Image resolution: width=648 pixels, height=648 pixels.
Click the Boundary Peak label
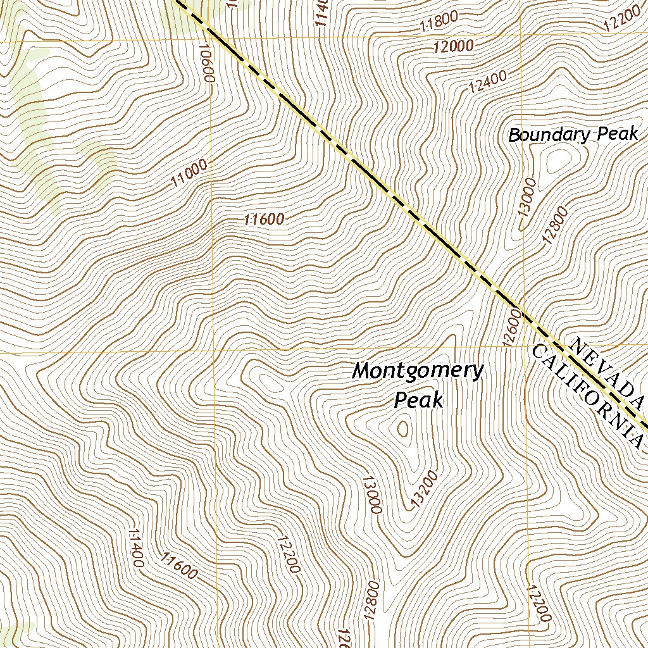point(573,135)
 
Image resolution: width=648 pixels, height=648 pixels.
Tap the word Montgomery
point(418,370)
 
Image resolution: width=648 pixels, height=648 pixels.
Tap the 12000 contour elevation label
point(454,46)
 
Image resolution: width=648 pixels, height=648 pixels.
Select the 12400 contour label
point(488,81)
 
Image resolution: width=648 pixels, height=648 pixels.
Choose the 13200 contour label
point(424,488)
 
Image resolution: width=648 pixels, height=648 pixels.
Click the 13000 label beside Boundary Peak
point(527,197)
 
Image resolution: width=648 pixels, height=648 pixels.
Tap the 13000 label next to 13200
point(371,494)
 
